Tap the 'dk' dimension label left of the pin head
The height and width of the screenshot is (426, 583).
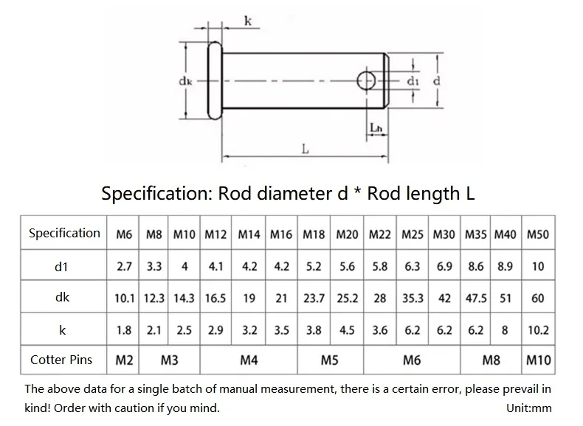click(185, 81)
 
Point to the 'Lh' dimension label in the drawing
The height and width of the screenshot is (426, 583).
click(376, 128)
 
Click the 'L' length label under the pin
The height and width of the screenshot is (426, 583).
click(306, 150)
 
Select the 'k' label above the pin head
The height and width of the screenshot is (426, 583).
click(248, 21)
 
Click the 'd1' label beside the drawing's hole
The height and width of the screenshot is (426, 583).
click(413, 81)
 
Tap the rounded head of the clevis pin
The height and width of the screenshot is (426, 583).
click(215, 80)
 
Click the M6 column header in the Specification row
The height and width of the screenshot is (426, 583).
click(124, 234)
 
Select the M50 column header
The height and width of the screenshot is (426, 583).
click(538, 234)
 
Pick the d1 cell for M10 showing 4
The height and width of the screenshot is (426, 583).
click(184, 267)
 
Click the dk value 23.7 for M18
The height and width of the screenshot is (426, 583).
click(314, 298)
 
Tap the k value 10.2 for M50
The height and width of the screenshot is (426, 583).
click(538, 330)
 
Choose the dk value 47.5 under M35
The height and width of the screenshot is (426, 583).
click(476, 298)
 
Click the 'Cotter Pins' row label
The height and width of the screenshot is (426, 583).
click(61, 360)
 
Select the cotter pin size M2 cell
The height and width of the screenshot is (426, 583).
click(124, 360)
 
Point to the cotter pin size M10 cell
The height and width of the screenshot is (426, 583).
click(539, 360)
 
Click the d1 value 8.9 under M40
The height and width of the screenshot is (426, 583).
click(505, 267)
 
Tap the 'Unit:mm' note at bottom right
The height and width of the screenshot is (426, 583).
click(528, 408)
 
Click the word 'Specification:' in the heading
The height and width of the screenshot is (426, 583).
click(156, 194)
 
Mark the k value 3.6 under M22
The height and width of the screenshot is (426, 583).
click(380, 330)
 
